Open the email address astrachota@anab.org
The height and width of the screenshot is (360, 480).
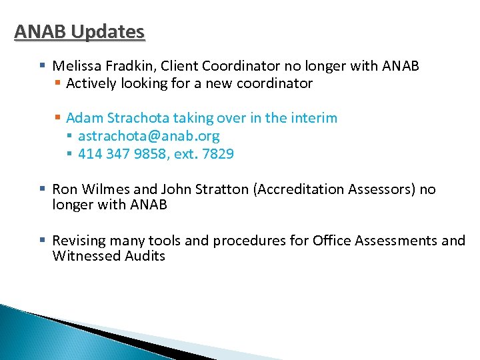(x=149, y=136)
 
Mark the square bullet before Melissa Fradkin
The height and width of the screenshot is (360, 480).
(x=43, y=66)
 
